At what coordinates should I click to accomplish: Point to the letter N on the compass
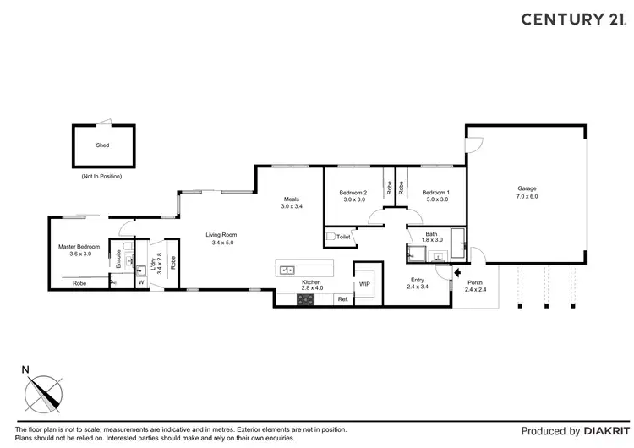26,369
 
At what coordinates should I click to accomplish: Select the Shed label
102,145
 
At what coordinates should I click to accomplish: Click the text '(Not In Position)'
102,177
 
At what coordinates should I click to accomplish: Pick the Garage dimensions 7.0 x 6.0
527,196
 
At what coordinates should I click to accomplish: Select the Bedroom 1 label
436,192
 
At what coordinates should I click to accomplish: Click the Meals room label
292,199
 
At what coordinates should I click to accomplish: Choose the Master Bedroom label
79,247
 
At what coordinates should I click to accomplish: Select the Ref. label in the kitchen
342,299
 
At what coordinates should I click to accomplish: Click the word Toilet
343,238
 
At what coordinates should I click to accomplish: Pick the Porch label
474,282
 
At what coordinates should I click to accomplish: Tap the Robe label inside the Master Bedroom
79,283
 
